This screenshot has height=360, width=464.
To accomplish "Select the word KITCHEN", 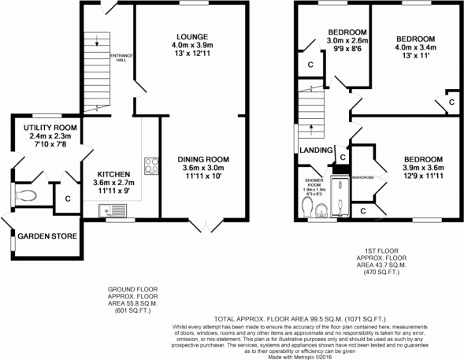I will pyautogui.click(x=113, y=174).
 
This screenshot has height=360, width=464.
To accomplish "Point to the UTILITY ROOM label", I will pyautogui.click(x=50, y=126).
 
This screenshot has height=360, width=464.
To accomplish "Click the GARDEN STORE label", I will pyautogui.click(x=46, y=236).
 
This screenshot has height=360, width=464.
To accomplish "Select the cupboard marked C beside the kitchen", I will pyautogui.click(x=69, y=198).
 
